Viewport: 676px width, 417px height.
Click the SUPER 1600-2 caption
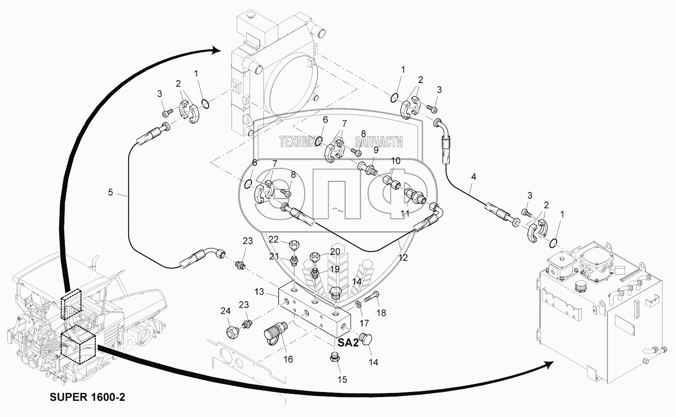[88, 397]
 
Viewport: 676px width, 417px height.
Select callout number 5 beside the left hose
[111, 192]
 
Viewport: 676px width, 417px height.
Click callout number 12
[403, 258]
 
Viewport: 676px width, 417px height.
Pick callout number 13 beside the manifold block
[259, 292]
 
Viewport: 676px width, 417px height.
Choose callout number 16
[288, 359]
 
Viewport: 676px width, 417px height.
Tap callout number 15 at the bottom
[342, 379]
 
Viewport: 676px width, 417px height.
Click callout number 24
[225, 311]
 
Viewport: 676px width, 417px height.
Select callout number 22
[274, 239]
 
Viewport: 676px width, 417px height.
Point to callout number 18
[381, 313]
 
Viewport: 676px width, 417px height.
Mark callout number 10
[395, 161]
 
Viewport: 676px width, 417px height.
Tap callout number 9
[376, 150]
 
